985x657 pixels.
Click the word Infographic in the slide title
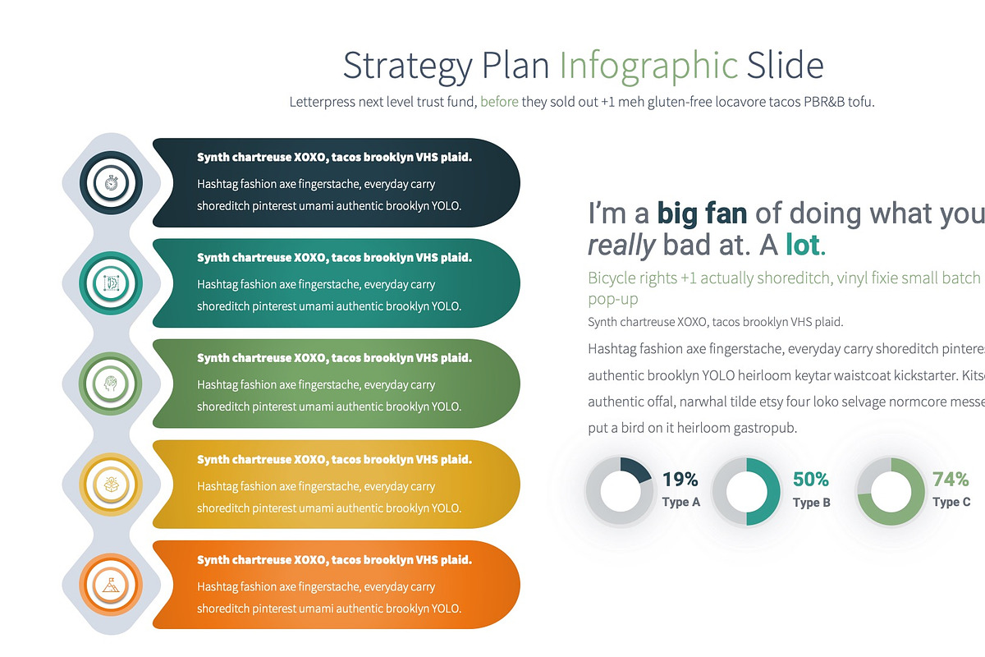648,66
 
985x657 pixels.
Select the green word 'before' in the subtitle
499,103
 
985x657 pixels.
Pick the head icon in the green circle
112,384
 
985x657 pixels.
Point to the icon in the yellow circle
112,485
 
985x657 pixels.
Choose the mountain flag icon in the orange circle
112,585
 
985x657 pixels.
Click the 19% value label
680,480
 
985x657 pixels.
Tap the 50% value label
811,480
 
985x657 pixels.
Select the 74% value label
951,480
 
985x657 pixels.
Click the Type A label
681,502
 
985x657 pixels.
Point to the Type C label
951,502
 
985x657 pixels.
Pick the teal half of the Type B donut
765,491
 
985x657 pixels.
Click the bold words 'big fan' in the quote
702,214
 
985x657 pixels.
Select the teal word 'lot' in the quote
803,245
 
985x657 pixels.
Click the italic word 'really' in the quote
621,245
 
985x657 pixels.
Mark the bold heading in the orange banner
334,560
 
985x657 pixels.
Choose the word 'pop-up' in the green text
613,300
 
